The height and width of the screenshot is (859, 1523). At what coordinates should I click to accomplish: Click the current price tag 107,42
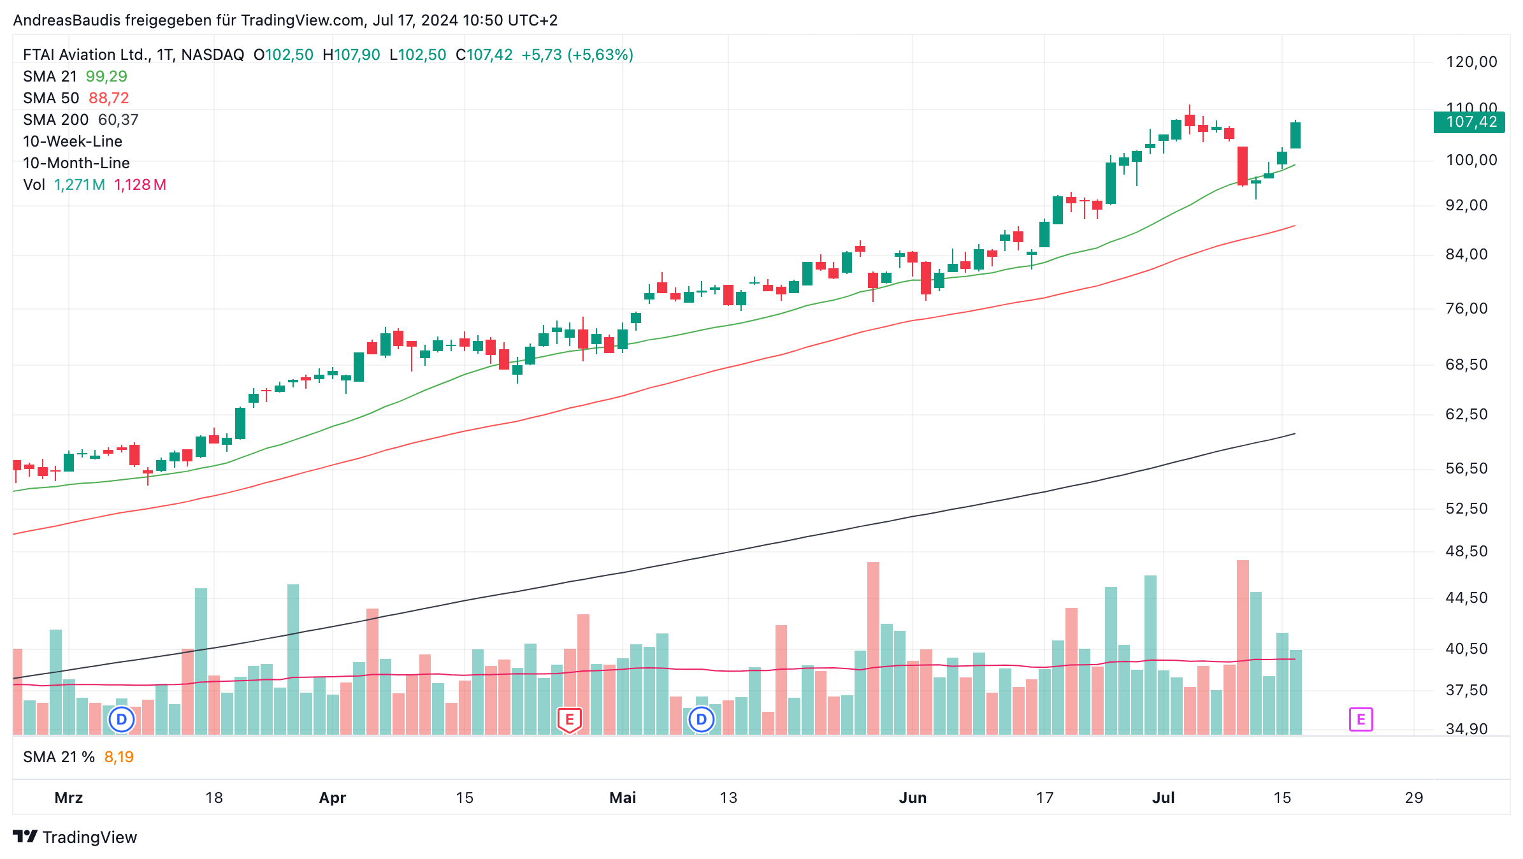[x=1469, y=122]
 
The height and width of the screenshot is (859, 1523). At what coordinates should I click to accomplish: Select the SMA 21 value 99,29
[x=106, y=76]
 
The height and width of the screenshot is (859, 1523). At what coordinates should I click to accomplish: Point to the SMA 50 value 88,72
[x=109, y=98]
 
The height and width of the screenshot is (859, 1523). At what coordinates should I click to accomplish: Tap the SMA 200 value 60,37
[x=118, y=120]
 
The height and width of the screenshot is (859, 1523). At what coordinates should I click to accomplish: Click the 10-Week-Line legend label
[x=73, y=141]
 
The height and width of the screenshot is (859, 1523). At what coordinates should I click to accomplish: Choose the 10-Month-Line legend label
[x=76, y=163]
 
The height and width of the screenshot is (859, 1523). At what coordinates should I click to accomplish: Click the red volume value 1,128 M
[x=140, y=185]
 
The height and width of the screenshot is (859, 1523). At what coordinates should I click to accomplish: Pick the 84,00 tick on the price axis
[x=1466, y=254]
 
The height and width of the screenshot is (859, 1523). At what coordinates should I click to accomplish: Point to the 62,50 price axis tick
[x=1466, y=414]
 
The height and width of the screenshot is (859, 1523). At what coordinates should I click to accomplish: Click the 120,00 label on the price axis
[x=1471, y=62]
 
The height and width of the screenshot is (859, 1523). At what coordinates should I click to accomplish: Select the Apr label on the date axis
[x=332, y=798]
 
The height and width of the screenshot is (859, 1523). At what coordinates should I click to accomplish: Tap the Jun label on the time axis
[x=913, y=798]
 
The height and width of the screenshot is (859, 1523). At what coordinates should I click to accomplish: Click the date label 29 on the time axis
[x=1414, y=798]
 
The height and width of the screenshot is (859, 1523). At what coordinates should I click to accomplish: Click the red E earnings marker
[x=569, y=720]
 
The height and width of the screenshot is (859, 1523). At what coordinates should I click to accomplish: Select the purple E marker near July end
[x=1361, y=719]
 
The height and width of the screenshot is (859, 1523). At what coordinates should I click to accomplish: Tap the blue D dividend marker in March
[x=121, y=719]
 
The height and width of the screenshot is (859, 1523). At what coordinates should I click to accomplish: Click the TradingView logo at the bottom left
[x=75, y=837]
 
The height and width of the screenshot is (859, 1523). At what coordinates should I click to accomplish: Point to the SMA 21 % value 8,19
[x=119, y=757]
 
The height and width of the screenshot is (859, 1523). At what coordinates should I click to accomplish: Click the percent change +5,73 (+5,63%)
[x=577, y=55]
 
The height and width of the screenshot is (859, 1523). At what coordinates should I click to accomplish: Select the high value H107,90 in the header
[x=351, y=55]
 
